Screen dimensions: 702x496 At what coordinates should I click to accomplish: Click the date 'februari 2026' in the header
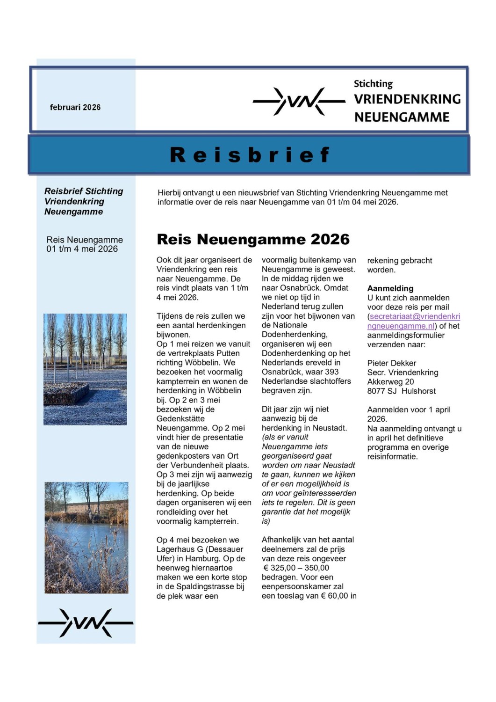(x=75, y=107)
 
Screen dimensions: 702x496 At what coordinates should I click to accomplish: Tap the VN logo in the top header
(x=299, y=101)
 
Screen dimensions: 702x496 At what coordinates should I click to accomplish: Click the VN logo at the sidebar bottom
(x=86, y=623)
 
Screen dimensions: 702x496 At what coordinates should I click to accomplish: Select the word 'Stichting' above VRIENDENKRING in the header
(x=373, y=84)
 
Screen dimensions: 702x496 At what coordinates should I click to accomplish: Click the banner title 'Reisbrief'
(x=250, y=155)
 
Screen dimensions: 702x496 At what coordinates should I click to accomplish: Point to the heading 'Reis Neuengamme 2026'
(x=253, y=239)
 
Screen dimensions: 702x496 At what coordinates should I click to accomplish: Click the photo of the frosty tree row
(x=85, y=369)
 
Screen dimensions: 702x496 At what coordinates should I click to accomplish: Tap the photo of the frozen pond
(x=86, y=538)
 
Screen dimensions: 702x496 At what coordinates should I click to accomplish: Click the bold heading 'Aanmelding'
(x=390, y=288)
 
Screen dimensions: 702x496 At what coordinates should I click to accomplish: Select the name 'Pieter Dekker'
(x=391, y=363)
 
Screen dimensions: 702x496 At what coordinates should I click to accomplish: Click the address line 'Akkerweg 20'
(x=390, y=382)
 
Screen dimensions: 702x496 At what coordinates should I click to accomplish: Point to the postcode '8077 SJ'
(x=381, y=391)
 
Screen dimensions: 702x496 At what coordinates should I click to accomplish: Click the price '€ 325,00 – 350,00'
(x=296, y=568)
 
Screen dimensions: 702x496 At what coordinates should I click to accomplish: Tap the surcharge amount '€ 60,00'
(x=335, y=596)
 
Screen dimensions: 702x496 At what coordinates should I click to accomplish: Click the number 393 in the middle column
(x=331, y=372)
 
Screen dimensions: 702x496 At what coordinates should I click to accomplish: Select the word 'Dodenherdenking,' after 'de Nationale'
(x=295, y=335)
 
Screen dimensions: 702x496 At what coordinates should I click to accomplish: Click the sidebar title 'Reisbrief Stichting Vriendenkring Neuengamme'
(x=84, y=201)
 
